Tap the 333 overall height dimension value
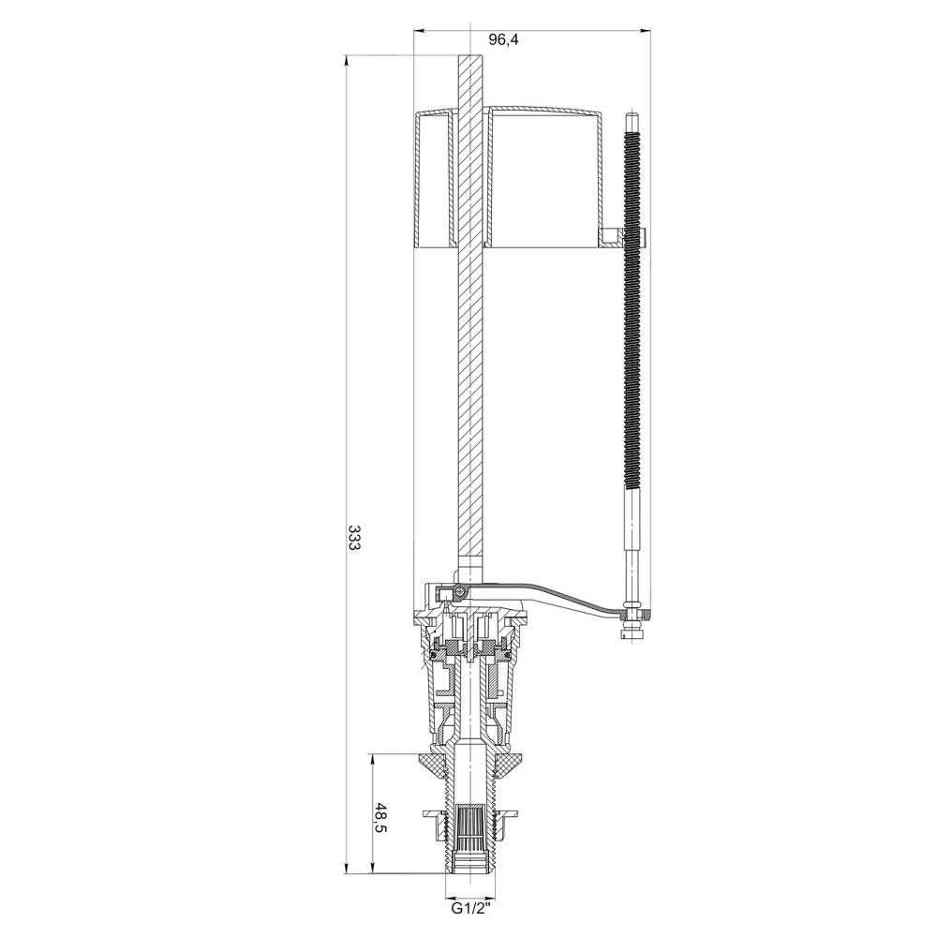354,539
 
